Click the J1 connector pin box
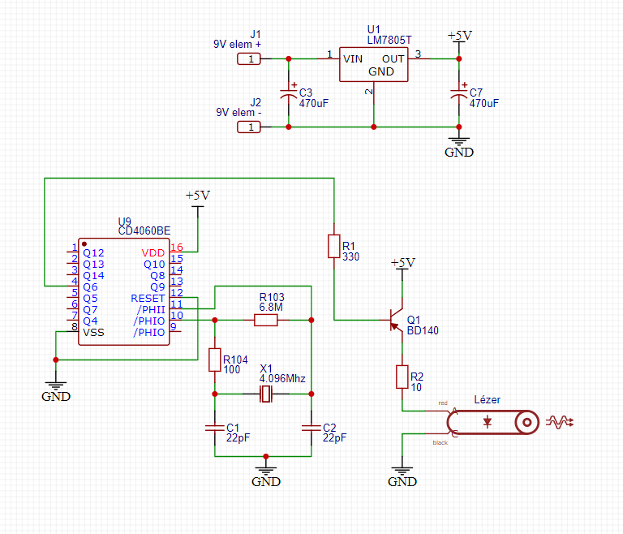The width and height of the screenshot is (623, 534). coord(249,59)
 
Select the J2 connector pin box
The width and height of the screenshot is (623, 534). coord(249,127)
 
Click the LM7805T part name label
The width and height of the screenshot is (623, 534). coord(389,40)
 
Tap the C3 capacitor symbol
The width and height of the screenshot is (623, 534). coord(289,93)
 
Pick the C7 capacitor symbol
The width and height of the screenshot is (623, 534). coord(459,93)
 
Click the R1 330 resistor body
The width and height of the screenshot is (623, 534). coord(333,246)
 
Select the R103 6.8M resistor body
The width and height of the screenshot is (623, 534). coord(266,320)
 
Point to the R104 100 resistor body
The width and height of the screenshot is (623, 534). coord(215,360)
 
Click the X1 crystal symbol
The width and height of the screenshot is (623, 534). coord(266,394)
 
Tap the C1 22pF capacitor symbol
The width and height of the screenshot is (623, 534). coord(215,428)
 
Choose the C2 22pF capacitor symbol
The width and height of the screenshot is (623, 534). coord(311,428)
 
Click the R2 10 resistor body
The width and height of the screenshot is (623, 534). coord(402,377)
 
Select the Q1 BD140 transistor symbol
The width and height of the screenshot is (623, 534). coord(396,320)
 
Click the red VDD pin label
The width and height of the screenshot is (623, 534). coord(153,253)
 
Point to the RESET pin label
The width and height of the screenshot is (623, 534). coord(148,298)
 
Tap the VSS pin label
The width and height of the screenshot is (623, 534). coord(93,333)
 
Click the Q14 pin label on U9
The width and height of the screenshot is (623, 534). coord(93,276)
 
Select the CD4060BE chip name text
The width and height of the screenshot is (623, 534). coord(144,230)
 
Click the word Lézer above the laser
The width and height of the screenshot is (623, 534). coord(487,399)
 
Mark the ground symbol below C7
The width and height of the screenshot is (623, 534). coord(459,142)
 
